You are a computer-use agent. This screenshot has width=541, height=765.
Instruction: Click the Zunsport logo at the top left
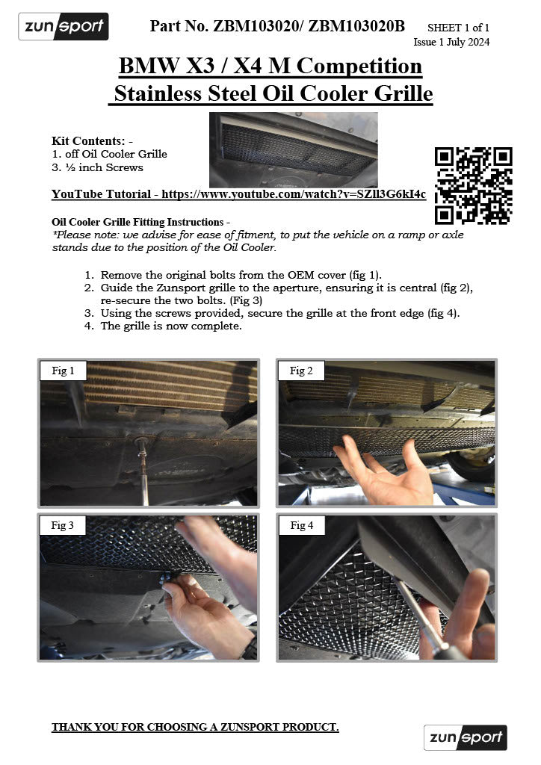click(x=64, y=27)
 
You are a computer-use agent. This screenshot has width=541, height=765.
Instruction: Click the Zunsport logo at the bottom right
click(x=465, y=737)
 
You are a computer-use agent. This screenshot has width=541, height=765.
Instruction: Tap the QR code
click(x=473, y=185)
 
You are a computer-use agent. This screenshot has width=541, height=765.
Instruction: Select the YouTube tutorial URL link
click(x=294, y=194)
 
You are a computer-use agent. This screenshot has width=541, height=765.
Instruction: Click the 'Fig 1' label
click(x=63, y=371)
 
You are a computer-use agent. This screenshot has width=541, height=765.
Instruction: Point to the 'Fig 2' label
click(x=302, y=371)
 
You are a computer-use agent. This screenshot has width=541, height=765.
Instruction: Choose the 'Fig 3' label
click(x=63, y=525)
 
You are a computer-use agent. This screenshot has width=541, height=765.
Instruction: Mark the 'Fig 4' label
click(x=302, y=525)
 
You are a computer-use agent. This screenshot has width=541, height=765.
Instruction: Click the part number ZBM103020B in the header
click(x=356, y=27)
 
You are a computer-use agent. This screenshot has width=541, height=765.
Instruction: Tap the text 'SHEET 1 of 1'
click(x=458, y=28)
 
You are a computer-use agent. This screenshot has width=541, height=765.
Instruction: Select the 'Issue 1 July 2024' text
click(x=451, y=42)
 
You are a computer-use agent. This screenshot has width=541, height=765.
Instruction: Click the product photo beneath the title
click(x=293, y=149)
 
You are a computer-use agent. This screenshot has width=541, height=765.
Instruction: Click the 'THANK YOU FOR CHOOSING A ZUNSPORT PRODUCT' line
click(x=195, y=727)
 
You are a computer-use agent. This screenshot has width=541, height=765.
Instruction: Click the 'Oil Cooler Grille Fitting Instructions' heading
click(x=137, y=222)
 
